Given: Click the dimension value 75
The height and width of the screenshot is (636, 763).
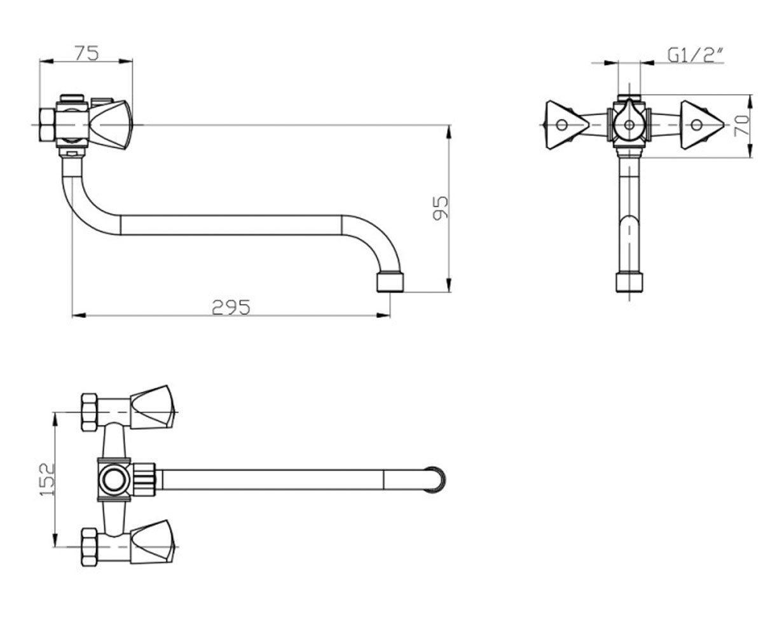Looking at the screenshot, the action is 87,53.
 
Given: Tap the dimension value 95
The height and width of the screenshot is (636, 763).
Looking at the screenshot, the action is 440,208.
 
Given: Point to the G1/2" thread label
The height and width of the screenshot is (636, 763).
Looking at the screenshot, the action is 696,55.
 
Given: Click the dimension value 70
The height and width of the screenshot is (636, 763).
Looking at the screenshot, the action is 742,125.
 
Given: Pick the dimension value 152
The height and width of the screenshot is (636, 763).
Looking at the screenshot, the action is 47,480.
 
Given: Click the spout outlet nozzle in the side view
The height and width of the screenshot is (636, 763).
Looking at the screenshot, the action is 390,282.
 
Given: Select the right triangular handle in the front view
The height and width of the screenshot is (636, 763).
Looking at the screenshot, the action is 701,125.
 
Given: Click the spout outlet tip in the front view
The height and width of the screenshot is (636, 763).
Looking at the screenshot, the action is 629,282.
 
